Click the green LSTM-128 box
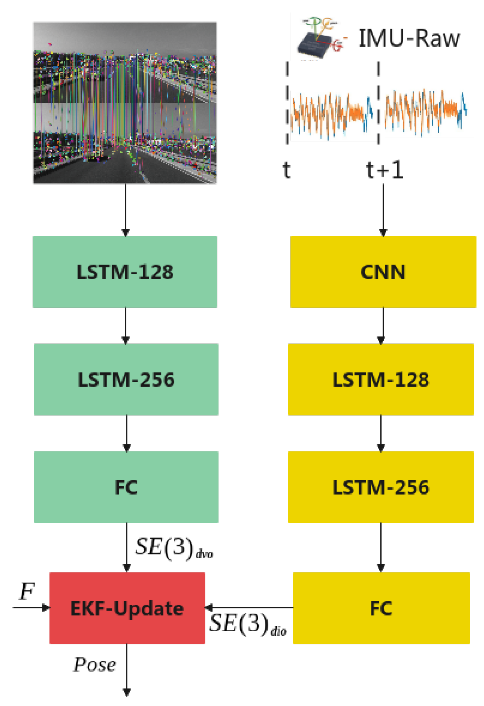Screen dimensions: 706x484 coord(125,272)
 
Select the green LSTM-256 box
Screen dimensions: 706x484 coord(126,379)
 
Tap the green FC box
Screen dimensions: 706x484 coord(126,487)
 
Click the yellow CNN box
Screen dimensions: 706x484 coord(383,272)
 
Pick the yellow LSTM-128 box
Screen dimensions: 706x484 coord(380,379)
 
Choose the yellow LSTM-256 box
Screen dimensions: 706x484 coord(380,487)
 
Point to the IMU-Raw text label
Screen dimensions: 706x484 coord(409,38)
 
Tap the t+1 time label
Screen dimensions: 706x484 coord(384,170)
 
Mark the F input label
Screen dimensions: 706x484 coord(27,591)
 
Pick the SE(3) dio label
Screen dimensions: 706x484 coord(247,624)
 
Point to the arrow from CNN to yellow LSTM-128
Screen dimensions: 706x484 coord(383,325)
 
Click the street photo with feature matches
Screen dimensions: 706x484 coord(125,103)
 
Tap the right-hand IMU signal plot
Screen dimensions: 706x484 coord(428,112)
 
